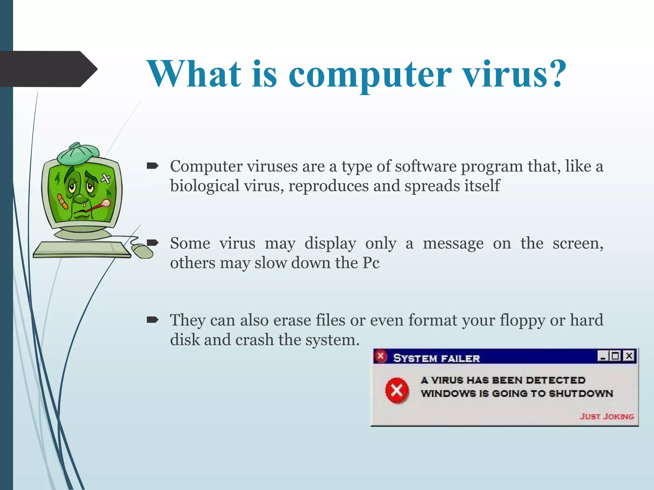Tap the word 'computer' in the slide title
[370, 75]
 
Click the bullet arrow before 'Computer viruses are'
[152, 166]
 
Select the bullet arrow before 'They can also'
[152, 320]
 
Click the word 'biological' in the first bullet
[204, 186]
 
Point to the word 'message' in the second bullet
[453, 244]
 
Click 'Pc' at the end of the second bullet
[371, 263]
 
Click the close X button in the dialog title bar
[629, 356]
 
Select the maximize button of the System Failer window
[615, 356]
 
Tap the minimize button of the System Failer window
[603, 356]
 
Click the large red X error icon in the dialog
[396, 390]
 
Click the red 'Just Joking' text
[607, 416]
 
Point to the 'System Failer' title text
[436, 358]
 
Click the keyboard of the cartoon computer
[81, 249]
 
